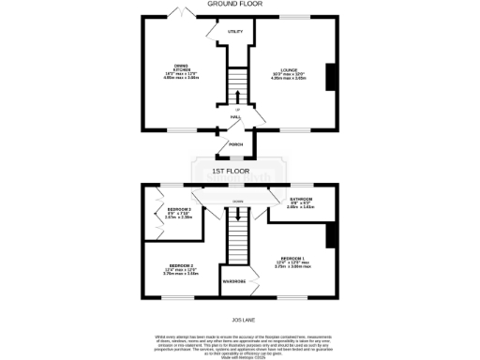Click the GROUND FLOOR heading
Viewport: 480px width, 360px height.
(239, 5)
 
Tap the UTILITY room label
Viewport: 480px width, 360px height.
(235, 32)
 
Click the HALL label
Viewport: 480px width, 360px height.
(237, 117)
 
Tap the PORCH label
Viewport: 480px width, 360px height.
(237, 144)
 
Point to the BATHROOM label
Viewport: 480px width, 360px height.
(301, 202)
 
